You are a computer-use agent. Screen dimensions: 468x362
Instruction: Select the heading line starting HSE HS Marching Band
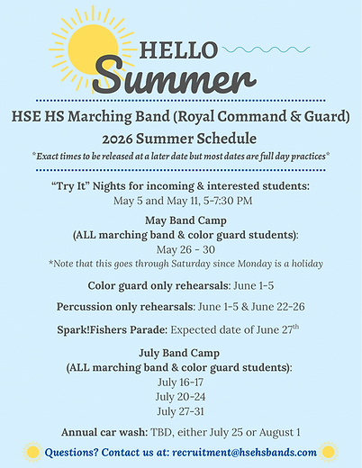point(181,118)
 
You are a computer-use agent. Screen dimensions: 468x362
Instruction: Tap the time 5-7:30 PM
point(223,200)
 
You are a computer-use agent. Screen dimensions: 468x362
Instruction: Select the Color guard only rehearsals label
point(146,285)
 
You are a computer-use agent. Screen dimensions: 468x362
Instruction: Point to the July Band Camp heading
point(180,354)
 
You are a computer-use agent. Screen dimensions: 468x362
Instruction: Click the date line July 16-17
point(180,382)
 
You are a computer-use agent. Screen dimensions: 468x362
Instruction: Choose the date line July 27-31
point(180,410)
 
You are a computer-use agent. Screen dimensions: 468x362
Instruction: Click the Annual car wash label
point(104,432)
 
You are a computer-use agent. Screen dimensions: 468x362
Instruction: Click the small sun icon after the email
point(330,452)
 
